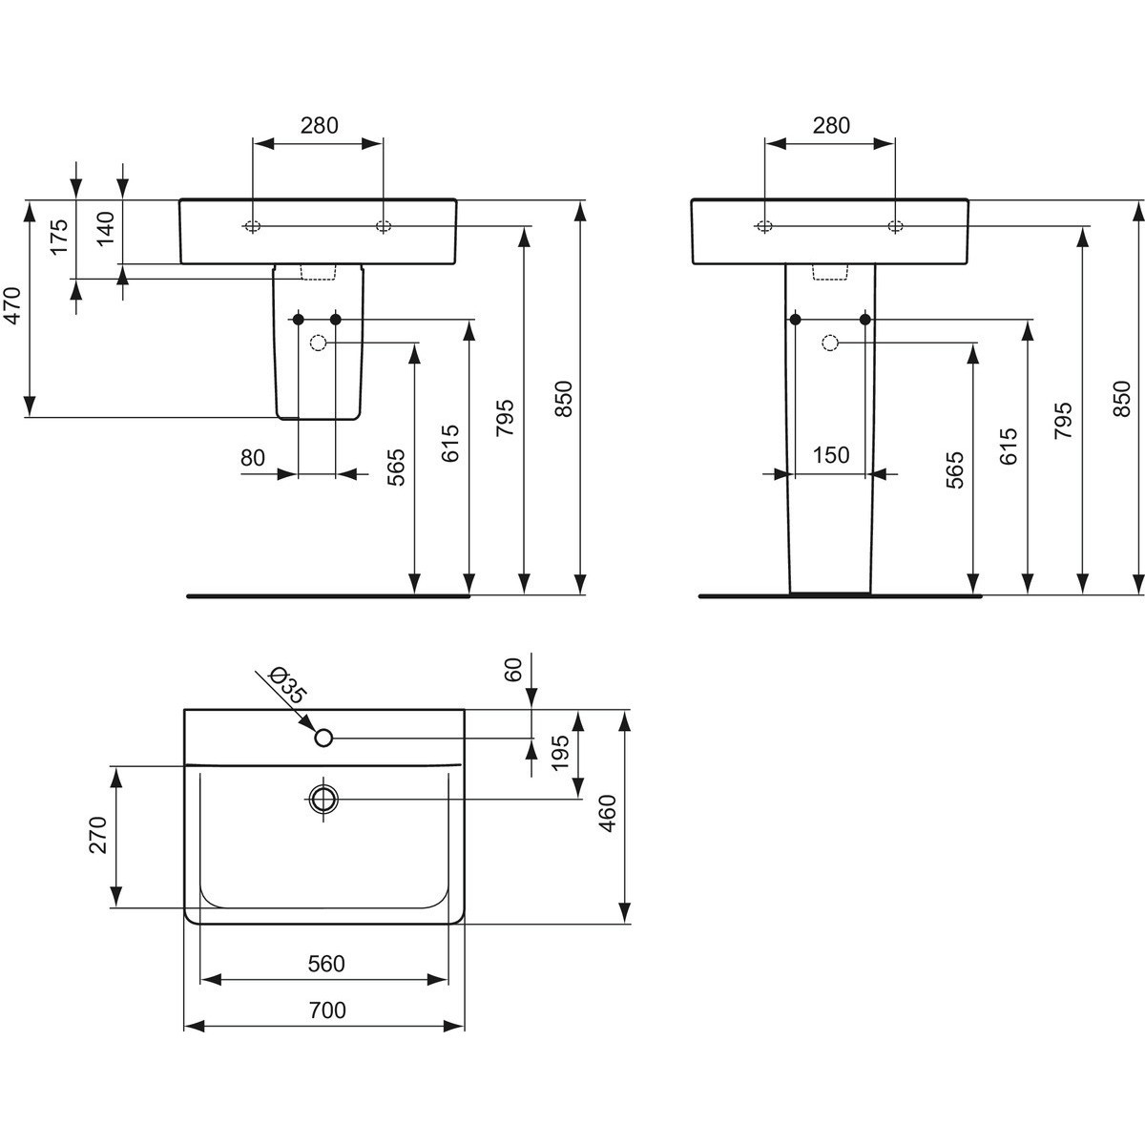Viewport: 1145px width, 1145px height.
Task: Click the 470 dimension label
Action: tap(13, 306)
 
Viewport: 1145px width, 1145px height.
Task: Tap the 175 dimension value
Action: tap(59, 237)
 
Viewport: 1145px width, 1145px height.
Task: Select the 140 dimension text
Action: tap(105, 229)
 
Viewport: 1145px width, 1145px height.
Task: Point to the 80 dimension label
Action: tap(253, 458)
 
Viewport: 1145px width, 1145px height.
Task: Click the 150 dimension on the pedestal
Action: tap(831, 455)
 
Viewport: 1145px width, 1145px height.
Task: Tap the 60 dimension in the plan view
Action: tap(512, 670)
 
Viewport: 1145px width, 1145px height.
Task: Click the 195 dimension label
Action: tap(560, 753)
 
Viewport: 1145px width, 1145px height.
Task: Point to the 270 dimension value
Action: tap(98, 835)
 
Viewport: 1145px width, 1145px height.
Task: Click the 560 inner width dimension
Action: tap(326, 964)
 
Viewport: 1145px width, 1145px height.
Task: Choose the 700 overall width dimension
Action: tap(327, 1010)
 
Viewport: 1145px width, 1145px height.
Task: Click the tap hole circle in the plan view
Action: tap(323, 738)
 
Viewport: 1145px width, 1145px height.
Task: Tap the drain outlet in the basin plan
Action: tap(323, 800)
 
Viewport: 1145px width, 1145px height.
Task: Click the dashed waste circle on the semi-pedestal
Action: tap(319, 343)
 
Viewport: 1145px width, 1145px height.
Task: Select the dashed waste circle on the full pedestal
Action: tap(830, 343)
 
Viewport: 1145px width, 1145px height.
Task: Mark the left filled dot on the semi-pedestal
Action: tap(299, 320)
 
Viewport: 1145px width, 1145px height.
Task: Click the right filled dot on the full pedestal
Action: tap(865, 320)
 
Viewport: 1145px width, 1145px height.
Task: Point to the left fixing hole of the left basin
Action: tap(253, 226)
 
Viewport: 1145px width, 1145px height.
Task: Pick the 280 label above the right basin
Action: tap(831, 125)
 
